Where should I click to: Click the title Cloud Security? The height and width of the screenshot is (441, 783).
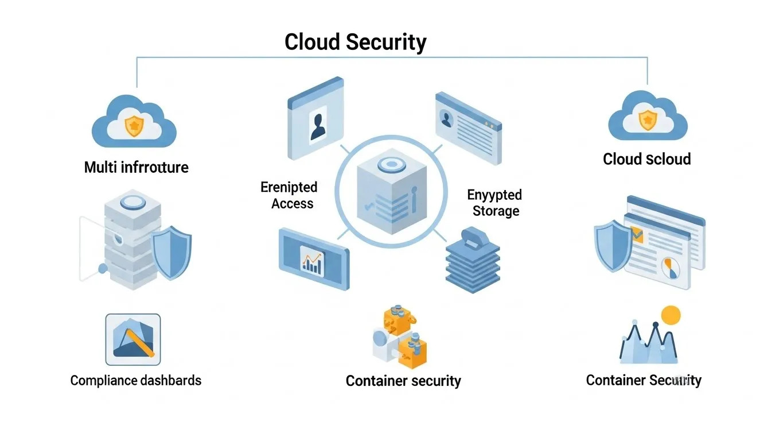(355, 42)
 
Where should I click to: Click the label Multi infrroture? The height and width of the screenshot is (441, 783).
(136, 167)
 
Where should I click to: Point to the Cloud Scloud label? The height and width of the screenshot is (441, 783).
(646, 159)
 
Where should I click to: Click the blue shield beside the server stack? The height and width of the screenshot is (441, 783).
(173, 253)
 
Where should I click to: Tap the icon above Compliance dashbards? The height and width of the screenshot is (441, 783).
(133, 340)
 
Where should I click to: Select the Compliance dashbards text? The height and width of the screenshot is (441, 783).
(136, 380)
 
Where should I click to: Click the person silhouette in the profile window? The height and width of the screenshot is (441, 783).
(317, 126)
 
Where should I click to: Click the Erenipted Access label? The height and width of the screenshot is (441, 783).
(289, 195)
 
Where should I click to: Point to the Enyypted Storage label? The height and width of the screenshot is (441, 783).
(495, 203)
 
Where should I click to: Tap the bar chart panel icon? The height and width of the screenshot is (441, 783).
(313, 259)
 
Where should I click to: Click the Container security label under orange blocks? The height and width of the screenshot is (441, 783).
(403, 381)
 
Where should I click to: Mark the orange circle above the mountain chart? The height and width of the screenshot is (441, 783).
(670, 315)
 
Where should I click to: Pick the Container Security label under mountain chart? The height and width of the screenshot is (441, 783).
(643, 380)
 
